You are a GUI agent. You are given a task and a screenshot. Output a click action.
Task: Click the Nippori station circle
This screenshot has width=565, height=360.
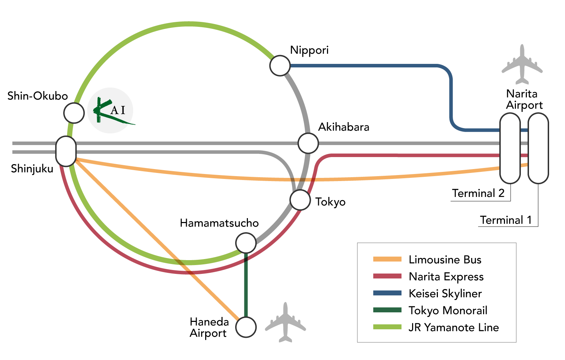[x=280, y=66]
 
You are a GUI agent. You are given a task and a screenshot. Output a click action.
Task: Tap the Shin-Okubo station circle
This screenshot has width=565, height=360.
[x=74, y=113]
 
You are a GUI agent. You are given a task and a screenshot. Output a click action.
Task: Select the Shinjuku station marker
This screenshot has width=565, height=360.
[x=66, y=151]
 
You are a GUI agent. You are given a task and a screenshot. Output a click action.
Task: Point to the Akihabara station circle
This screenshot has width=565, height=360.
[x=308, y=143]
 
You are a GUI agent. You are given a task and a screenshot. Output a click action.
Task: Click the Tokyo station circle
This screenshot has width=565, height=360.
[x=300, y=200]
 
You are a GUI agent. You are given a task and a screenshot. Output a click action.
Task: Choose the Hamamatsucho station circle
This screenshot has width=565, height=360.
[x=246, y=243]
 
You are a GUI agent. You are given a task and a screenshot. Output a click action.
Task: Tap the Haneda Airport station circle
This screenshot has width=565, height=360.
[x=246, y=327]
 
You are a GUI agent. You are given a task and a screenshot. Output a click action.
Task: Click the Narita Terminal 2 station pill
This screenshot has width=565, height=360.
[x=510, y=148]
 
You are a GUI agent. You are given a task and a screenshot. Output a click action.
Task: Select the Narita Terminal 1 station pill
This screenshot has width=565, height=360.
[x=538, y=148]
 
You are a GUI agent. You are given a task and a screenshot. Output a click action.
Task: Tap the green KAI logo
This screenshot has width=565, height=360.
[x=110, y=110]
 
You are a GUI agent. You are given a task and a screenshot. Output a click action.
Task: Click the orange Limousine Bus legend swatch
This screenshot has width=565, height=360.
[x=387, y=259]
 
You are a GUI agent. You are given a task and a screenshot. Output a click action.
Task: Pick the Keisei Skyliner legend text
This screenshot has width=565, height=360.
[x=445, y=293]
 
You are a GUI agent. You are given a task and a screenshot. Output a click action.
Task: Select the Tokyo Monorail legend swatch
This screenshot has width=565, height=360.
[x=387, y=310]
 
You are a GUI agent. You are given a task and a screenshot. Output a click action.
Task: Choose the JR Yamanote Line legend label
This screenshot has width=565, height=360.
[x=453, y=327]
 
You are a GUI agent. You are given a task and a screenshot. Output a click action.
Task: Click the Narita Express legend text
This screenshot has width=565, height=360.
[x=446, y=277]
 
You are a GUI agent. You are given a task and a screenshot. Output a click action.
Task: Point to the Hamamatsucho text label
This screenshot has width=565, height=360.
[x=219, y=223]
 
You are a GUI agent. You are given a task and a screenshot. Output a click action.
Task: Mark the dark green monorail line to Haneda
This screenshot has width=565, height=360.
[x=246, y=286]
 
